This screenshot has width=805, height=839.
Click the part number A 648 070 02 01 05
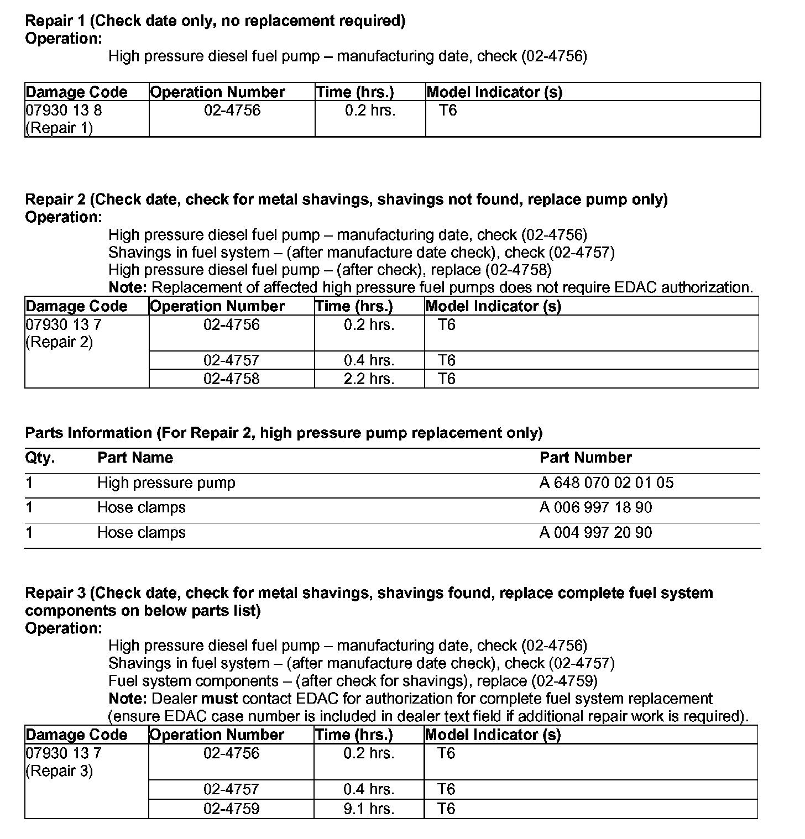(607, 483)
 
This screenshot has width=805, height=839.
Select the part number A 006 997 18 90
(595, 507)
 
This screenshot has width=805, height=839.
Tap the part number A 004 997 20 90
(595, 532)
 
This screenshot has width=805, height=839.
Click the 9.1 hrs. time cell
(369, 809)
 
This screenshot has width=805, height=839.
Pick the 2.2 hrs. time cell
(369, 379)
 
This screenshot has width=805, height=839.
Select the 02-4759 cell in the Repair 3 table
(231, 809)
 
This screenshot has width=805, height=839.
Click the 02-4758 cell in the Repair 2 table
(231, 379)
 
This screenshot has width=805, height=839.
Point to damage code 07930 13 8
(64, 110)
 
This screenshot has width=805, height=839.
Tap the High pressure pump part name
(166, 483)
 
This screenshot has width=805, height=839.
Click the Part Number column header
(586, 458)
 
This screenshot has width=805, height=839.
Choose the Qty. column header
(40, 458)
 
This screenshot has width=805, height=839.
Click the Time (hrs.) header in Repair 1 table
(355, 92)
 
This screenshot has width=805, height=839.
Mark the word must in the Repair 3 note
(219, 699)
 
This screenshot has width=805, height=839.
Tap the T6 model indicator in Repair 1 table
(448, 110)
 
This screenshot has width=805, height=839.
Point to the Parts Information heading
(284, 433)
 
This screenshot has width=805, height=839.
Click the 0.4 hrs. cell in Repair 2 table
(369, 360)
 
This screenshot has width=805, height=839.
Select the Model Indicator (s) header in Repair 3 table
(493, 735)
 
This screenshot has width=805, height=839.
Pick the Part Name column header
(135, 458)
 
